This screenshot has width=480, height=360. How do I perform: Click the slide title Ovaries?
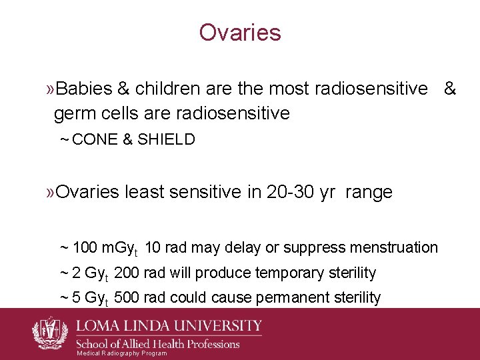[x=240, y=33]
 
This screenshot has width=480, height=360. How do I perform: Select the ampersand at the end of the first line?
[x=450, y=89]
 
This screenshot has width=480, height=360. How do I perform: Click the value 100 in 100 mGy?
[x=84, y=248]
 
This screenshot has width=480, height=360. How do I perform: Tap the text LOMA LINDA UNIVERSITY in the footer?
[x=169, y=326]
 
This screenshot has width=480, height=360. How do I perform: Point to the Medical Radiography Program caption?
[x=122, y=353]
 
